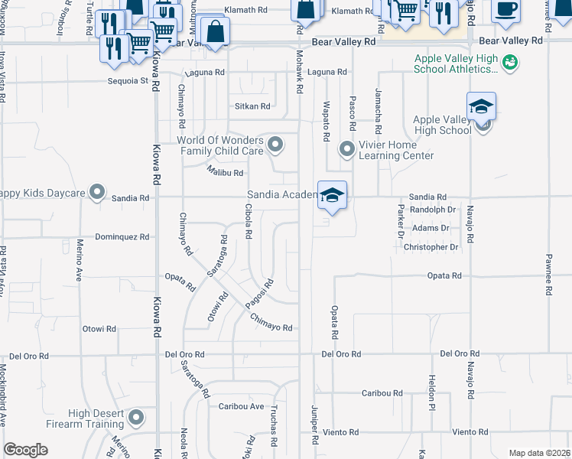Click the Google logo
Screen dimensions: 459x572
coord(25,450)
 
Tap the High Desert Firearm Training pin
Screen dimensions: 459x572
coord(137,418)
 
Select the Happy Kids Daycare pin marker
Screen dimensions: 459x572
coord(97,192)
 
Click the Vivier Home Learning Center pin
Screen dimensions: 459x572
coord(347,148)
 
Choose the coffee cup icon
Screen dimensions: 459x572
coord(505,8)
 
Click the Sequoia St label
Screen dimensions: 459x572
coord(128,80)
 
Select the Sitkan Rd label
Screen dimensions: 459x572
coord(252,106)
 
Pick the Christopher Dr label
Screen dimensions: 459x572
coord(431,247)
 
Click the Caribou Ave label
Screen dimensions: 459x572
coord(241,406)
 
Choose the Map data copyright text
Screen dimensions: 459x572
coord(538,453)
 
